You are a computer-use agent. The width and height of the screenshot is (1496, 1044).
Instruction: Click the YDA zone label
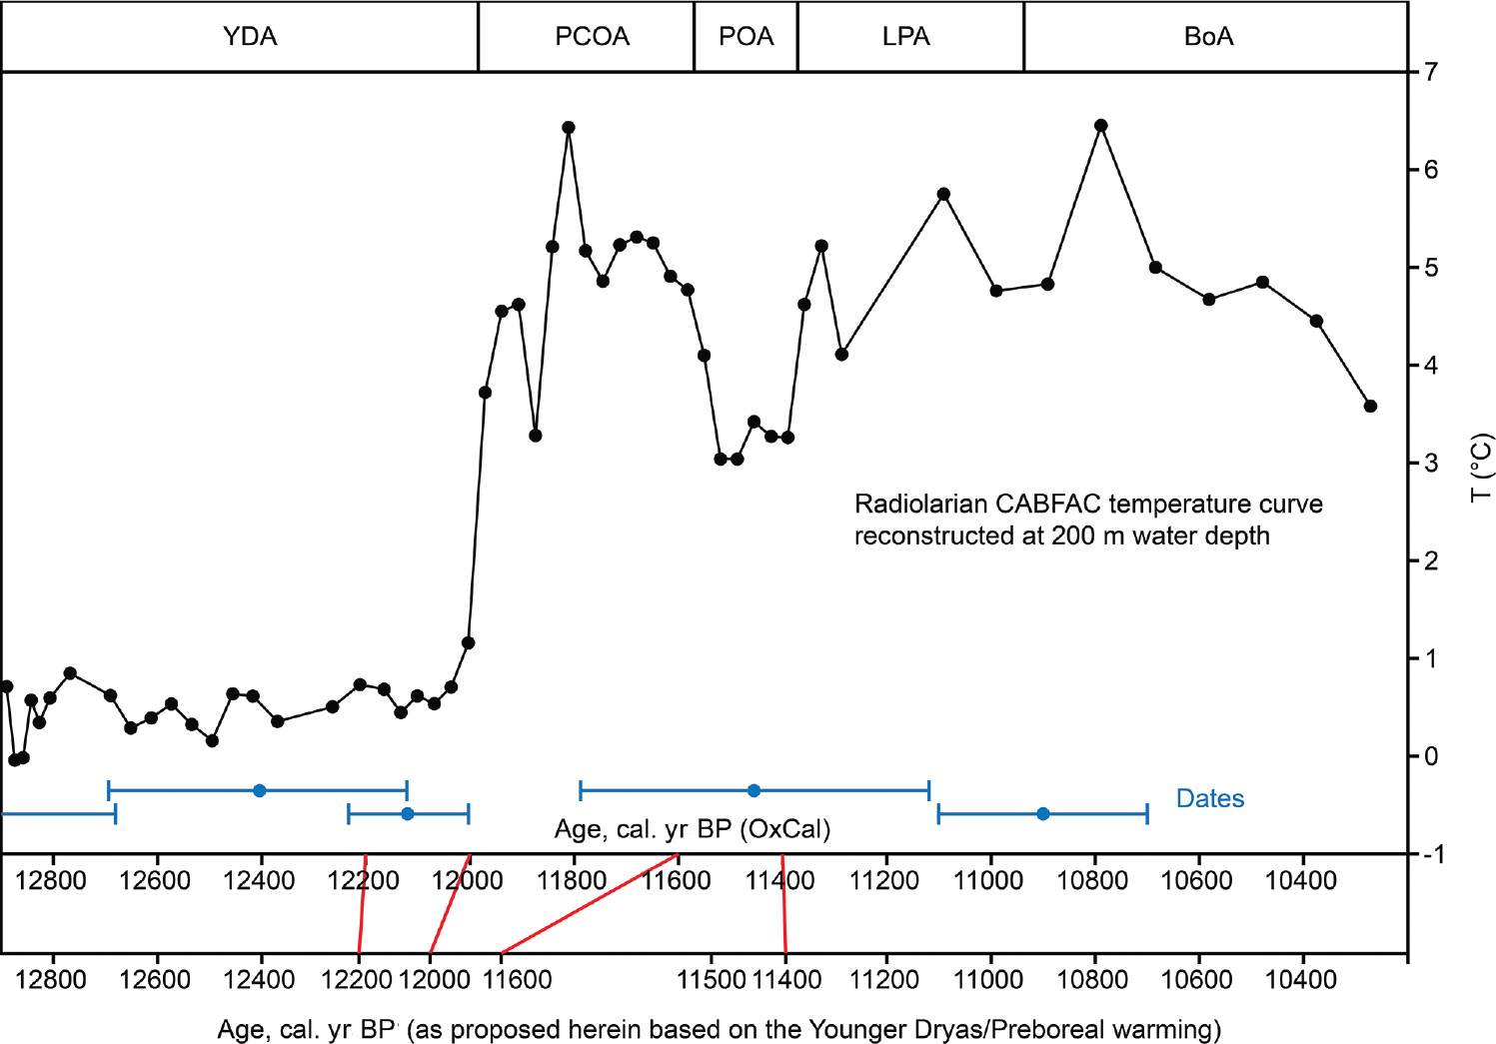pyautogui.click(x=250, y=37)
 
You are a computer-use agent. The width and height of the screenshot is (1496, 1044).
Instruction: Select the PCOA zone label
pyautogui.click(x=592, y=37)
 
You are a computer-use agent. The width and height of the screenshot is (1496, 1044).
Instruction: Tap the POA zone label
pyautogui.click(x=746, y=37)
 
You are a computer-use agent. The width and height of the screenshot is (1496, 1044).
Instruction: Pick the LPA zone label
pyautogui.click(x=905, y=37)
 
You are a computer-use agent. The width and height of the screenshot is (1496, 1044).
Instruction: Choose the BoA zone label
pyautogui.click(x=1208, y=37)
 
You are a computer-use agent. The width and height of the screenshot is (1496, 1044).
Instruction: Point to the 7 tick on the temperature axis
pyautogui.click(x=1431, y=72)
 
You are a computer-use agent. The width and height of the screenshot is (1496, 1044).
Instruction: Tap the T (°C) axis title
pyautogui.click(x=1481, y=467)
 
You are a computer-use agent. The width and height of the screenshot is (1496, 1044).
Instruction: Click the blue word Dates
pyautogui.click(x=1209, y=798)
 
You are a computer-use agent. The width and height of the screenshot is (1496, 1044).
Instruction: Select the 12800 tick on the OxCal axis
pyautogui.click(x=52, y=880)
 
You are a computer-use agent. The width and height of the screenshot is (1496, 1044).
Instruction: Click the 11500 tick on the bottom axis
pyautogui.click(x=711, y=979)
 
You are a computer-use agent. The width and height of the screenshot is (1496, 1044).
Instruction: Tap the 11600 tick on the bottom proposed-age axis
pyautogui.click(x=517, y=979)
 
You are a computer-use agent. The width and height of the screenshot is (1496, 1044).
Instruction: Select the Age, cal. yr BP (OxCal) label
pyautogui.click(x=692, y=829)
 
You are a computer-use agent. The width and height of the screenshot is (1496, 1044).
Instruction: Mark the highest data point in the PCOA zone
pyautogui.click(x=569, y=128)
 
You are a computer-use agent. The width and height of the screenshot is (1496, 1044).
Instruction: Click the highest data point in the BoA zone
pyautogui.click(x=1101, y=126)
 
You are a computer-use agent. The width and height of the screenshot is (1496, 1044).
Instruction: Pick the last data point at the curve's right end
pyautogui.click(x=1370, y=406)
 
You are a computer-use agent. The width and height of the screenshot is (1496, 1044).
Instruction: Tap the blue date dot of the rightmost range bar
pyautogui.click(x=1043, y=814)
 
